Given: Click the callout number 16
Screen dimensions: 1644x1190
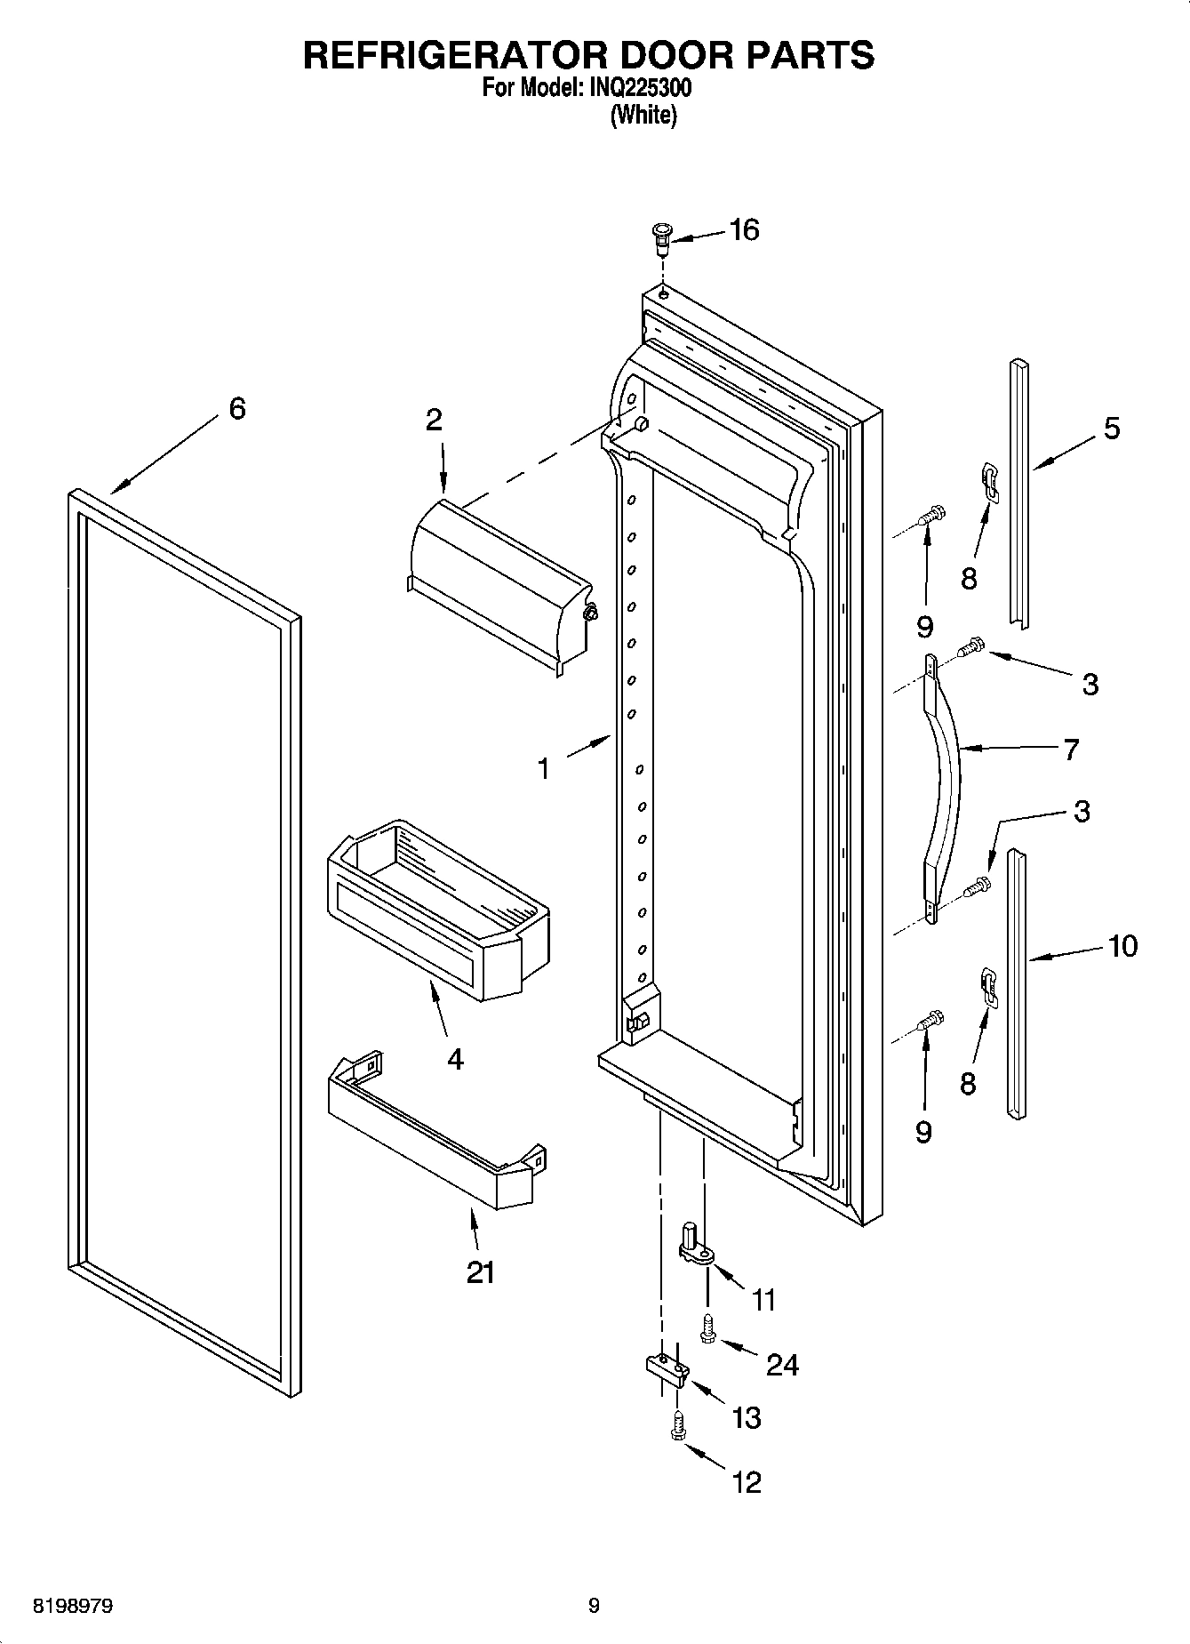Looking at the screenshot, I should point(744,230).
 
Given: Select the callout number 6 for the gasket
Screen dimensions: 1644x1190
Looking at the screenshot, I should point(236,409).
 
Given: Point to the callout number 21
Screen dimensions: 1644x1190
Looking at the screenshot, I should point(480,1273).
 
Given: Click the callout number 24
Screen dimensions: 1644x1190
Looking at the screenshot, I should point(782,1365).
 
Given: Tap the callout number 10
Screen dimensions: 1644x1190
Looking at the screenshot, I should point(1122,945).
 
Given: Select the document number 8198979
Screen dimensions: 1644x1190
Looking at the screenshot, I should point(73,1607).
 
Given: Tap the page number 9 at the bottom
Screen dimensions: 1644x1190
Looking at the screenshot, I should point(594,1606).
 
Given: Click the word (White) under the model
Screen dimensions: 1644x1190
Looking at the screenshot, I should point(643,116).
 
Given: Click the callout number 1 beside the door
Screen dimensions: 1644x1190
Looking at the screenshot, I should point(543,767).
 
